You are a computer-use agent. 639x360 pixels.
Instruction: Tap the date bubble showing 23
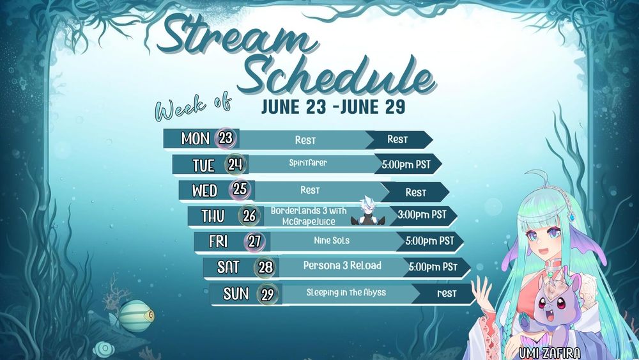tap(226, 138)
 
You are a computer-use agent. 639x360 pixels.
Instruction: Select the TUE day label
tap(203, 166)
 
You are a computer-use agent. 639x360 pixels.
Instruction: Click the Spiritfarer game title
tap(308, 162)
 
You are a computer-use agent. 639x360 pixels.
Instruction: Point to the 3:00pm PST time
tap(422, 214)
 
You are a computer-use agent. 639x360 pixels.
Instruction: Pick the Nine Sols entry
tap(332, 240)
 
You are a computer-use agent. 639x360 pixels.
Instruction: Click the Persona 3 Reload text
tap(343, 266)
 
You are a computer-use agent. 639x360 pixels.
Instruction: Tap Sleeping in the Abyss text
tap(346, 292)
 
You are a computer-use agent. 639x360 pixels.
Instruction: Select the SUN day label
tap(236, 293)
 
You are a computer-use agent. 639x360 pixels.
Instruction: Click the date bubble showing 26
tap(249, 215)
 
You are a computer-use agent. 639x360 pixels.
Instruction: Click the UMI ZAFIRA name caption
tap(550, 353)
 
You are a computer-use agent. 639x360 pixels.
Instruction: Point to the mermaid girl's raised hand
tap(482, 291)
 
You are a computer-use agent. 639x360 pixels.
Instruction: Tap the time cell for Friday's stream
tap(429, 241)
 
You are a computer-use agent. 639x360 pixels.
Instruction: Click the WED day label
tap(204, 191)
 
